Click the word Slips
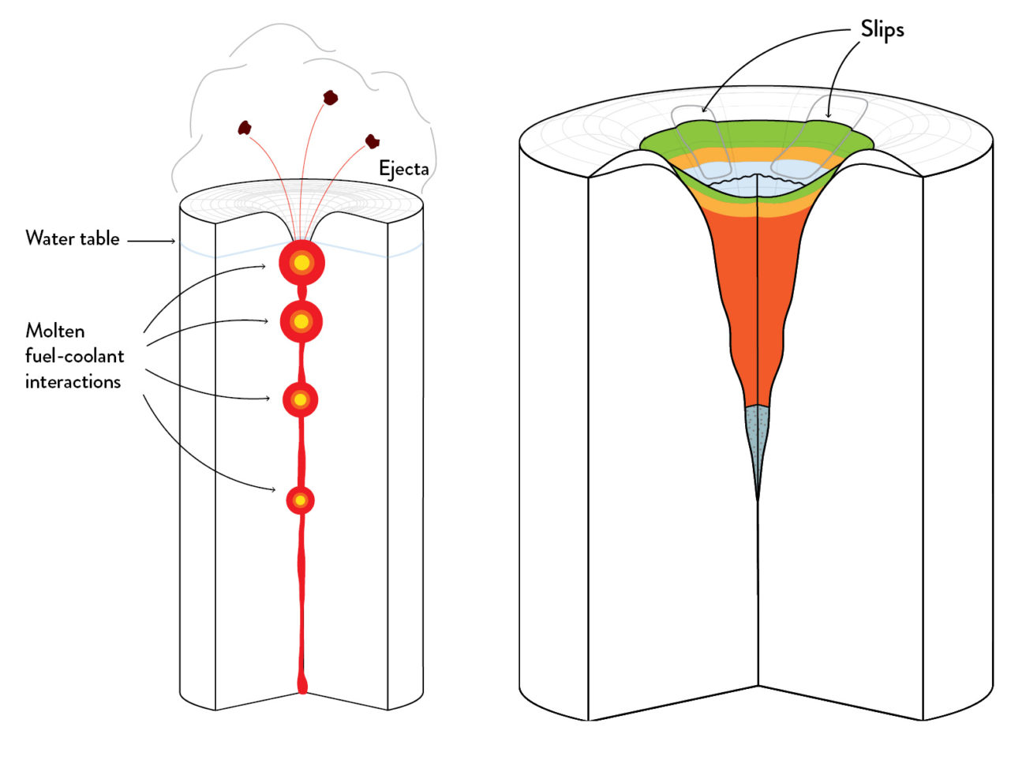point(882,30)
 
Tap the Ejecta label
point(403,169)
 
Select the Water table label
point(73,238)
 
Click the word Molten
point(55,331)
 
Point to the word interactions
point(73,382)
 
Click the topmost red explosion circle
point(301,264)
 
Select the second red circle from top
point(301,321)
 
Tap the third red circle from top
point(300,400)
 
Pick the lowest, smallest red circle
point(300,500)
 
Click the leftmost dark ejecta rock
point(245,127)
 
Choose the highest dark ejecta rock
point(331,98)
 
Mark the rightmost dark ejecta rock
point(373,141)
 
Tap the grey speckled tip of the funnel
point(757,442)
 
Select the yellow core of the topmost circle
point(301,264)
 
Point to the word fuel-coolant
point(74,356)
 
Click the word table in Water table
point(99,238)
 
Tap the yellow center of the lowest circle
point(300,500)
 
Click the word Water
point(49,238)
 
